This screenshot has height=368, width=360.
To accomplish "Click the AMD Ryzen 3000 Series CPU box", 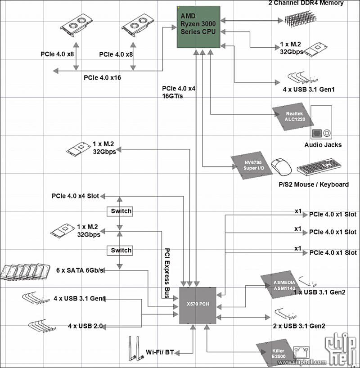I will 198,27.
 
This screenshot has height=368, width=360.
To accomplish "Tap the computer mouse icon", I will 282,167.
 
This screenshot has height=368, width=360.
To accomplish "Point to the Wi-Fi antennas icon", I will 133,349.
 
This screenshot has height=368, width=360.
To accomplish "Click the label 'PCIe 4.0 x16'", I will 102,78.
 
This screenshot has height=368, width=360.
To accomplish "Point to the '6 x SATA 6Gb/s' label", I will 81,270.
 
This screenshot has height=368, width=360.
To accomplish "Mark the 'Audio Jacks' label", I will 323,145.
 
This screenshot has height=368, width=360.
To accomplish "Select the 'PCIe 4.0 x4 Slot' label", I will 75,196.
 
